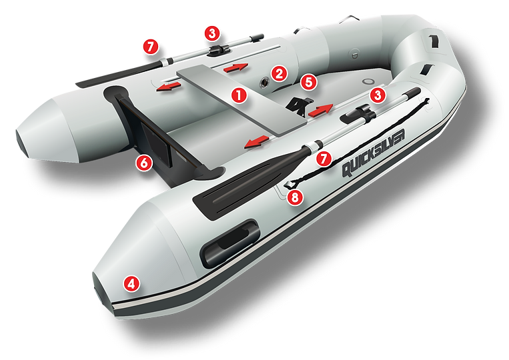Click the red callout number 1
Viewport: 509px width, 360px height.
click(x=237, y=95)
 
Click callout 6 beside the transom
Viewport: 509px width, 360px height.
click(x=142, y=161)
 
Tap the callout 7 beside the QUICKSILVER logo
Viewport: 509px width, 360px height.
click(x=324, y=159)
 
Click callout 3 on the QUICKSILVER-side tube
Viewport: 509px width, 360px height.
click(x=379, y=95)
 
